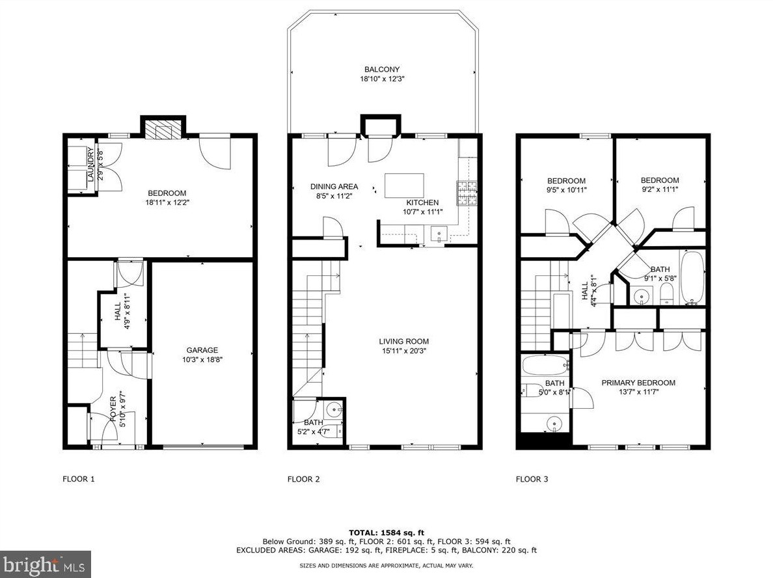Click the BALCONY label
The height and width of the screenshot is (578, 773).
coord(382,70)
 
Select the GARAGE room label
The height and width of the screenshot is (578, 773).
coord(202,350)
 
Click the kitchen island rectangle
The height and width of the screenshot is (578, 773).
coord(404,186)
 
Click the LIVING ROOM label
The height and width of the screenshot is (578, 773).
coord(403,341)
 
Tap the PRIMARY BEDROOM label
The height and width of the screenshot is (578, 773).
coord(638,383)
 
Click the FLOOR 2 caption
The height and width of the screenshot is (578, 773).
coord(303,480)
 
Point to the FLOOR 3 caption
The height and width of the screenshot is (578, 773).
coord(532,480)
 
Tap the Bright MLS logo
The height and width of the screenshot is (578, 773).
coord(45,564)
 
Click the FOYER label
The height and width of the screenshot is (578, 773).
coord(113,408)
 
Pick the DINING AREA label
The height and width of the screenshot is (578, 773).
coord(334,187)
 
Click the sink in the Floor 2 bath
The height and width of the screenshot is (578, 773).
coord(334,410)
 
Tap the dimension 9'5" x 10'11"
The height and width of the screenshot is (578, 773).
coord(566,190)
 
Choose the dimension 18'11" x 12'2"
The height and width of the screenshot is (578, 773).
coord(167,202)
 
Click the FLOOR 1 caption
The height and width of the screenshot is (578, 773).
coord(78,480)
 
